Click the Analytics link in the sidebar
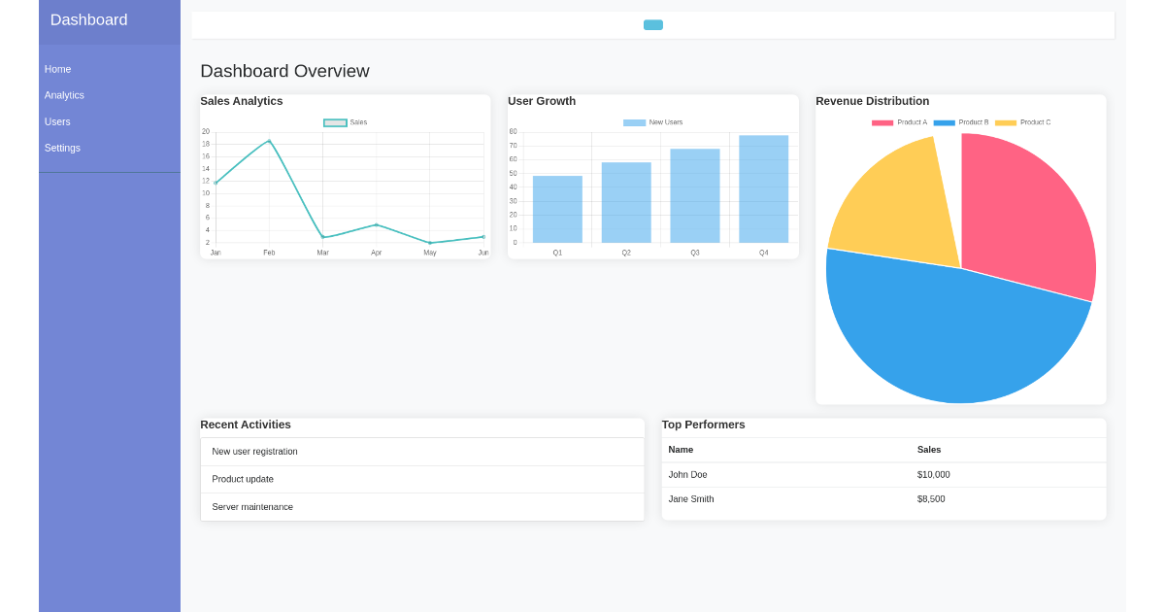pyautogui.click(x=64, y=95)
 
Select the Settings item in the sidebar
pyautogui.click(x=62, y=148)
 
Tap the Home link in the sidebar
pyautogui.click(x=57, y=69)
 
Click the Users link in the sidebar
pyautogui.click(x=57, y=121)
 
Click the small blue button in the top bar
pyautogui.click(x=652, y=25)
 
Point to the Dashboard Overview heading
pyautogui.click(x=284, y=71)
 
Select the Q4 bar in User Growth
pyautogui.click(x=763, y=189)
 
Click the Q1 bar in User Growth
pyautogui.click(x=557, y=209)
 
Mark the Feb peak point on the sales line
pyautogui.click(x=269, y=141)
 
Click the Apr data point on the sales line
pyautogui.click(x=377, y=224)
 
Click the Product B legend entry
pyautogui.click(x=961, y=122)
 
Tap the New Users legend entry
pyautogui.click(x=653, y=122)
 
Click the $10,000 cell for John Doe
pyautogui.click(x=933, y=475)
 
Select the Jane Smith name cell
pyautogui.click(x=691, y=499)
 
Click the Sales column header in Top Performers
pyautogui.click(x=929, y=450)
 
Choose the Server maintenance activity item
pyautogui.click(x=252, y=507)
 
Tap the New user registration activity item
pyautogui.click(x=254, y=452)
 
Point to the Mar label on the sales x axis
pyautogui.click(x=322, y=253)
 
